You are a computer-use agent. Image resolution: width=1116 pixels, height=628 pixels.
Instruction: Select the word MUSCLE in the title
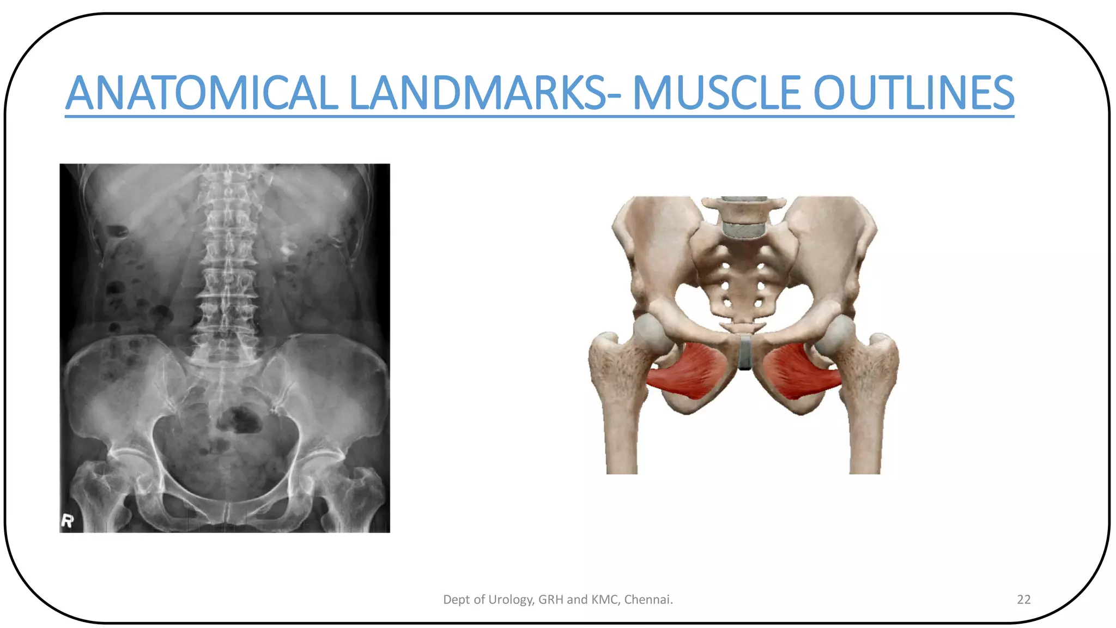(717, 93)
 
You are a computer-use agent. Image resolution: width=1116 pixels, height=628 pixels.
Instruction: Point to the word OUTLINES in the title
(913, 93)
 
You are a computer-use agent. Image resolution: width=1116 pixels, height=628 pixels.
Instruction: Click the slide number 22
(1023, 600)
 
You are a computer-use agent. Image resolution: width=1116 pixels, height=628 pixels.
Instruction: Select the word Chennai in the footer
(647, 600)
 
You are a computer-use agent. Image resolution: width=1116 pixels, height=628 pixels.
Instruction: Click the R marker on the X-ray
(67, 521)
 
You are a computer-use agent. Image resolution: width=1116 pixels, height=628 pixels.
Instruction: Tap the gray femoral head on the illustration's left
(652, 332)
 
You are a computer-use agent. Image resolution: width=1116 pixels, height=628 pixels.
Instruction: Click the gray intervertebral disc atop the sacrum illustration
(743, 230)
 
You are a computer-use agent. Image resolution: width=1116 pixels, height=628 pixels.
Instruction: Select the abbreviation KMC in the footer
(604, 600)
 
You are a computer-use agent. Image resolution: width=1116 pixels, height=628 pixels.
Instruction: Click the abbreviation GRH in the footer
(550, 600)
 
